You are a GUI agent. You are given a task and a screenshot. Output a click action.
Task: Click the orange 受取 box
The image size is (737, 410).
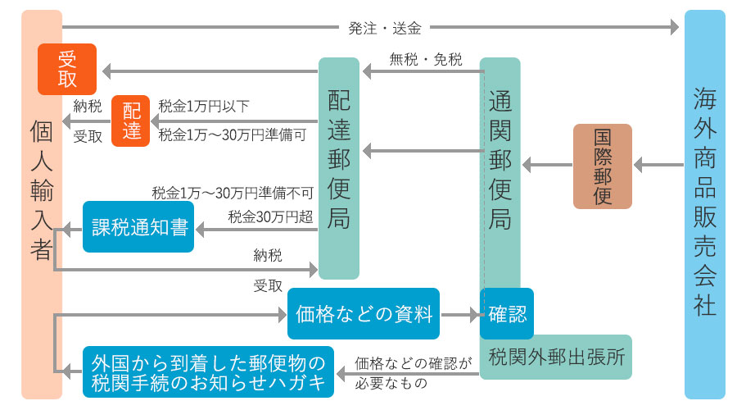click(x=67, y=69)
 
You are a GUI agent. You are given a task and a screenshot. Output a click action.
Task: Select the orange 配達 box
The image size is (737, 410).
click(x=131, y=121)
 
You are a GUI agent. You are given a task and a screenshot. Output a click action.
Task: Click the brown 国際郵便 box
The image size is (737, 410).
click(x=602, y=166)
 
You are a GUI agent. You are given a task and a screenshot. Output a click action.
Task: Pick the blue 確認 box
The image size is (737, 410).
click(x=507, y=313)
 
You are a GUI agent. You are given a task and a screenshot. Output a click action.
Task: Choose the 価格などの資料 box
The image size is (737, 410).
click(x=364, y=313)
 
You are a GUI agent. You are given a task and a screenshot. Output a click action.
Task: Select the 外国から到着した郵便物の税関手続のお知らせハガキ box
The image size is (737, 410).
click(x=208, y=371)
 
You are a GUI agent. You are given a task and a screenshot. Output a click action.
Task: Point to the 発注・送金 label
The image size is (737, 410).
click(x=384, y=28)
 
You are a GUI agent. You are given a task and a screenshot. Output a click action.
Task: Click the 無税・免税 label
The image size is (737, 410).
click(x=425, y=59)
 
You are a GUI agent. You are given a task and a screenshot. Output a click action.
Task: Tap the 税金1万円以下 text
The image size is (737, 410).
click(x=204, y=106)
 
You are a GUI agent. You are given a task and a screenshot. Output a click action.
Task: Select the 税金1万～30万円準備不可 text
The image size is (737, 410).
click(x=233, y=194)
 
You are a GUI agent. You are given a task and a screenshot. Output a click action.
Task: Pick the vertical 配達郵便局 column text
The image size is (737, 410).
click(x=338, y=157)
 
